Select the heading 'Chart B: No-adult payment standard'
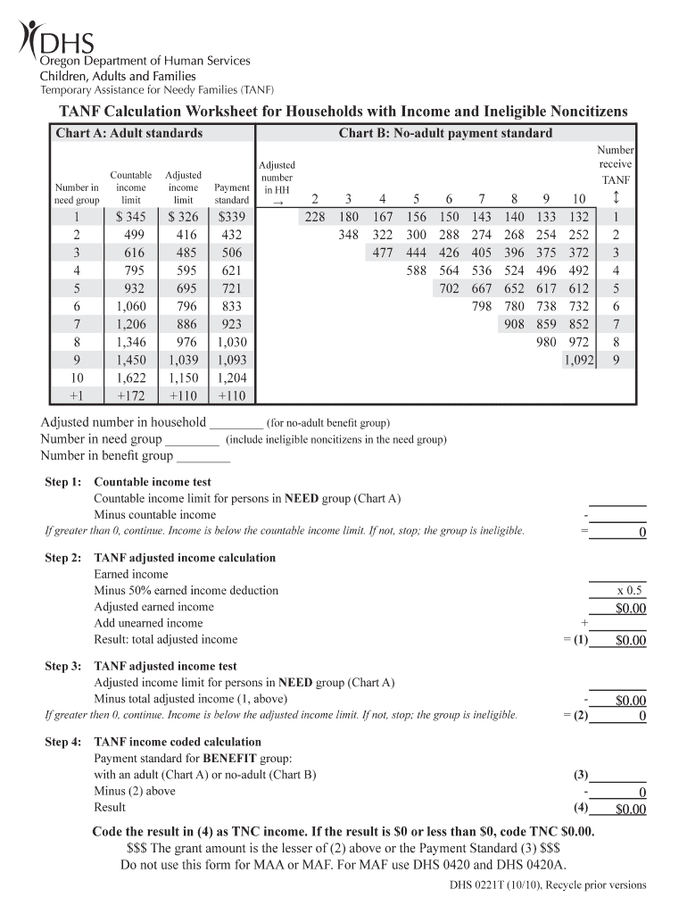click(445, 134)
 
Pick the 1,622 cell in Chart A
click(131, 378)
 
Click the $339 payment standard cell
click(231, 217)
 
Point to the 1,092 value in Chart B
click(578, 360)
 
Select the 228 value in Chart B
click(315, 217)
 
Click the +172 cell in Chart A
click(131, 395)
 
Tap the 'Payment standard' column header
click(232, 194)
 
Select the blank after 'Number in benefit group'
click(203, 456)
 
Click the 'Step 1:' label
click(63, 482)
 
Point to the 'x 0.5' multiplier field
click(629, 591)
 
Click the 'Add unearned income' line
click(148, 623)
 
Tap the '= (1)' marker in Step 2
click(575, 639)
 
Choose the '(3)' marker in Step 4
click(580, 775)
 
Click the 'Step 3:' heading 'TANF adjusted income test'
click(166, 666)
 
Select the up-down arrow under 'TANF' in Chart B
click(616, 197)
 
